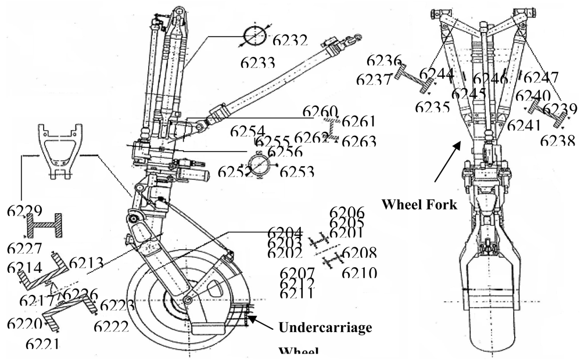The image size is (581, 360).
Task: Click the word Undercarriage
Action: (x=325, y=327)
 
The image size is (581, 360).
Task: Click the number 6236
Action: (x=385, y=60)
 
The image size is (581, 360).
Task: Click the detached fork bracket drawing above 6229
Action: (x=58, y=149)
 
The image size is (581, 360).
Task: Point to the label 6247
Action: (x=541, y=78)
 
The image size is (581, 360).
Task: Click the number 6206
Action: (x=347, y=213)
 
